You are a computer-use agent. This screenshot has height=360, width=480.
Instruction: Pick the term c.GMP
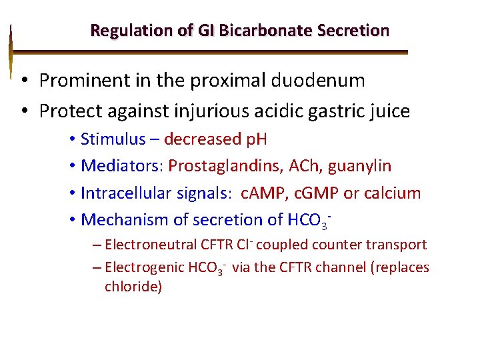point(318,193)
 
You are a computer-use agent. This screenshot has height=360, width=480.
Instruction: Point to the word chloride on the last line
point(133,287)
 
